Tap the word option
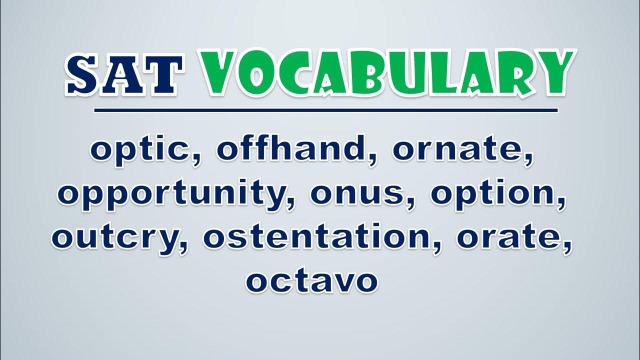[x=493, y=193]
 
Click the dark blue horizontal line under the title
[x=325, y=110]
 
